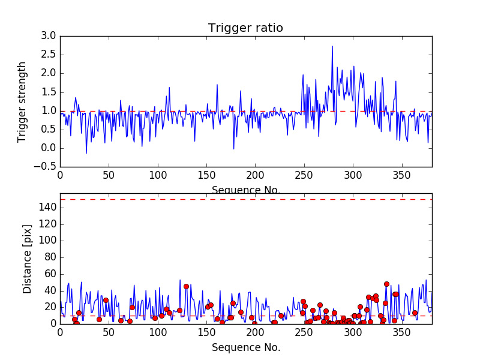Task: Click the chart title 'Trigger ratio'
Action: click(x=245, y=28)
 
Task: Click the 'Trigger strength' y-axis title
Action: click(x=22, y=101)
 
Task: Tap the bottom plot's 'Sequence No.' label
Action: click(x=245, y=347)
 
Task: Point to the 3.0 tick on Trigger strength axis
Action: click(x=49, y=36)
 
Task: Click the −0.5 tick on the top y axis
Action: click(x=46, y=167)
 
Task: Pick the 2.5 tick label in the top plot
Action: click(x=49, y=55)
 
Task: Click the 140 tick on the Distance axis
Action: click(x=47, y=208)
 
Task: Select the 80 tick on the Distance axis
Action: click(x=50, y=257)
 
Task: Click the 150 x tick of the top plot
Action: click(x=206, y=175)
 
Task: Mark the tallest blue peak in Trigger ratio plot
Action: click(x=332, y=46)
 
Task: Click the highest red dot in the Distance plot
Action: click(x=386, y=284)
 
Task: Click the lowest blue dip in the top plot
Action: click(x=86, y=153)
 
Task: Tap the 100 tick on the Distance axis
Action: click(x=47, y=241)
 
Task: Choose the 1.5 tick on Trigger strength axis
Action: click(x=49, y=92)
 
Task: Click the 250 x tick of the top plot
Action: click(x=304, y=175)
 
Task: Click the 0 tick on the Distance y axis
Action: click(x=53, y=323)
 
